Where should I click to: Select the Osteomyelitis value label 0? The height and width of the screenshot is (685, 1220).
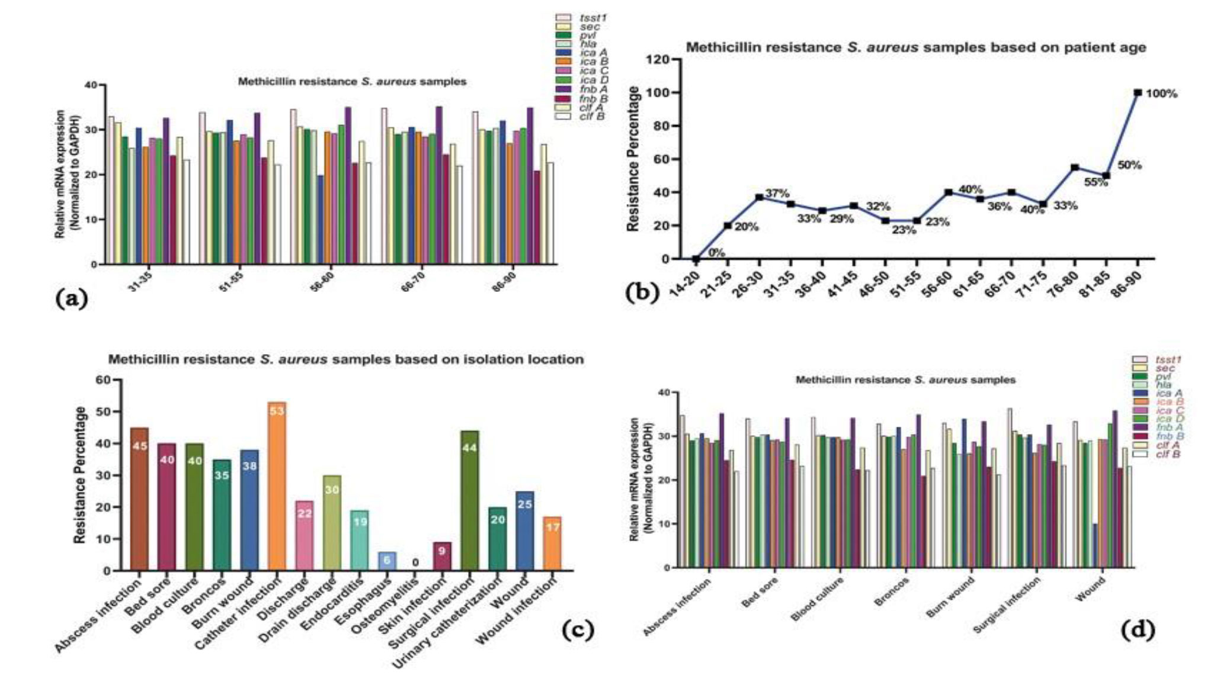pos(415,562)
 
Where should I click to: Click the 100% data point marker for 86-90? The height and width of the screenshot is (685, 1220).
pos(1138,92)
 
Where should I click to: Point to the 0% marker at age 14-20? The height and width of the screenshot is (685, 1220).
pos(696,259)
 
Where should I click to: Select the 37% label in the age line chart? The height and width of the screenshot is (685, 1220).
pos(777,194)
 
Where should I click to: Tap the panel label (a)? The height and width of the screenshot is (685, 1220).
pos(71,298)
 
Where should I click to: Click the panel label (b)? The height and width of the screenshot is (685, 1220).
pos(642,292)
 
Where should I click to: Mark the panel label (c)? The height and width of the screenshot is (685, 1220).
pos(578,631)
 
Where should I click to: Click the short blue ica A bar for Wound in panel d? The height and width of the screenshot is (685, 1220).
pos(1095,545)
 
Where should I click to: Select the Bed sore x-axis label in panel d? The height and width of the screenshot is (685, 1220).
pos(761,592)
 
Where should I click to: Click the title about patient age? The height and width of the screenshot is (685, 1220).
pos(915,47)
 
